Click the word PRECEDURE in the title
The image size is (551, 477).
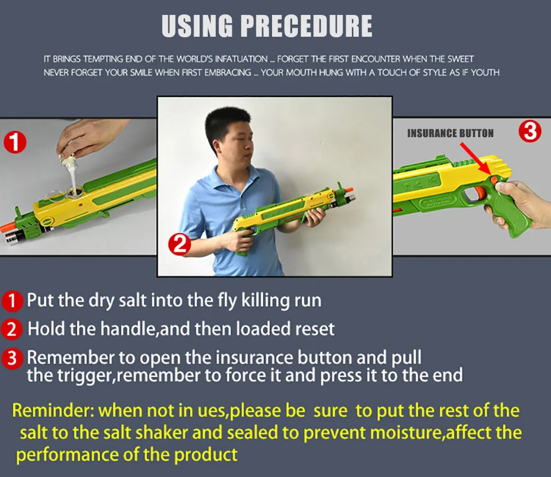click(306, 26)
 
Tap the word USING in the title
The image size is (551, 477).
click(197, 26)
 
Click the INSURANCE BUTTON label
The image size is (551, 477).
click(450, 133)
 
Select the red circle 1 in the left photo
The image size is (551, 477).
click(15, 142)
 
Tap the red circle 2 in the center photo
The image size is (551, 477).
click(180, 245)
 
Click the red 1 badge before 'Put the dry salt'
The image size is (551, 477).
click(12, 301)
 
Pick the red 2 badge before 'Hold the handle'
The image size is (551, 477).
click(11, 329)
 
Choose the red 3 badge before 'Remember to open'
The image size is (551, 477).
click(12, 358)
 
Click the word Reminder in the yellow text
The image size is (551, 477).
click(53, 410)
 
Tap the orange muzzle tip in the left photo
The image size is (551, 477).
click(7, 227)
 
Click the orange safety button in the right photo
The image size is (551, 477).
click(494, 181)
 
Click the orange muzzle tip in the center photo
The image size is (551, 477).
click(349, 191)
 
